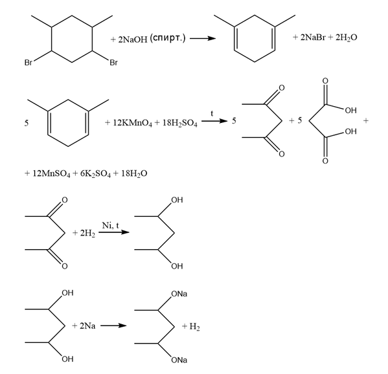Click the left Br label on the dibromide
(x=29, y=62)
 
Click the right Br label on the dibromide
(x=113, y=62)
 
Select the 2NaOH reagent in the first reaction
(x=133, y=39)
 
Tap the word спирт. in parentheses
(x=168, y=38)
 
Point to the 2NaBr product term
(x=313, y=38)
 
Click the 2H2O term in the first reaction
(x=346, y=38)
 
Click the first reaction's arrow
(x=202, y=38)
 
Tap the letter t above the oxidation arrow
(x=212, y=113)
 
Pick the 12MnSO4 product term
(x=51, y=174)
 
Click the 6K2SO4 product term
(x=95, y=174)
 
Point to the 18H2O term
(x=134, y=174)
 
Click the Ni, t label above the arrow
(x=111, y=225)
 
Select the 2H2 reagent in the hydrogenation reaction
(x=87, y=233)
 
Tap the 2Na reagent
(x=87, y=326)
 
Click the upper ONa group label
(x=179, y=294)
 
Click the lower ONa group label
(x=179, y=360)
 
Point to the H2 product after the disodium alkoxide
(x=195, y=327)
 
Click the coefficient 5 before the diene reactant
(x=27, y=123)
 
